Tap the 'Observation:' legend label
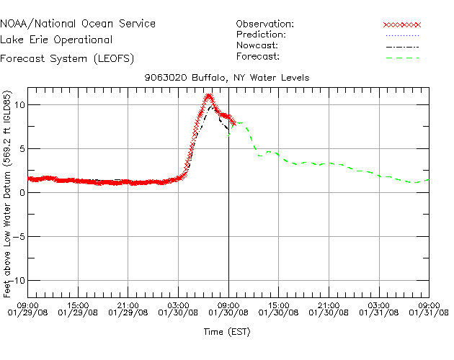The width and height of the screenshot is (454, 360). (x=264, y=24)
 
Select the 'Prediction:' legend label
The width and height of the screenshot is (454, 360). (x=261, y=35)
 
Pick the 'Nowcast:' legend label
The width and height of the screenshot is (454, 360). (x=257, y=45)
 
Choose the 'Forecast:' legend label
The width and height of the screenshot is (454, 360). (x=258, y=56)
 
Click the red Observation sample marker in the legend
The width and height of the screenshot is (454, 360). (x=401, y=24)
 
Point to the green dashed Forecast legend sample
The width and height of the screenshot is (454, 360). (x=401, y=57)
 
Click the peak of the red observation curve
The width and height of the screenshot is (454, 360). (x=208, y=96)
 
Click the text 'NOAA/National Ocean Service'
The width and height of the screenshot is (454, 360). (x=77, y=24)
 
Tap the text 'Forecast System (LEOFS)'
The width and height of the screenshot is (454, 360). (x=66, y=58)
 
